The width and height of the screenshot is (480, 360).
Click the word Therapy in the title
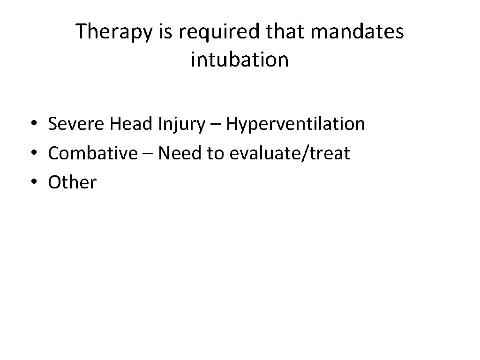pos(110,32)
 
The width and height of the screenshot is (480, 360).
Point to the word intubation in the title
pos(240,60)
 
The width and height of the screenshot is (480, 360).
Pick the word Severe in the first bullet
pos(76,124)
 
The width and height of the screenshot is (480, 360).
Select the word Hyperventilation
pos(296,124)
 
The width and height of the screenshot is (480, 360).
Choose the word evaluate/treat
pos(290,153)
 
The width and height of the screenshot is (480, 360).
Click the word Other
pos(72,182)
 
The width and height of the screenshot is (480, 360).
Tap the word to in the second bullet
pos(216,153)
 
